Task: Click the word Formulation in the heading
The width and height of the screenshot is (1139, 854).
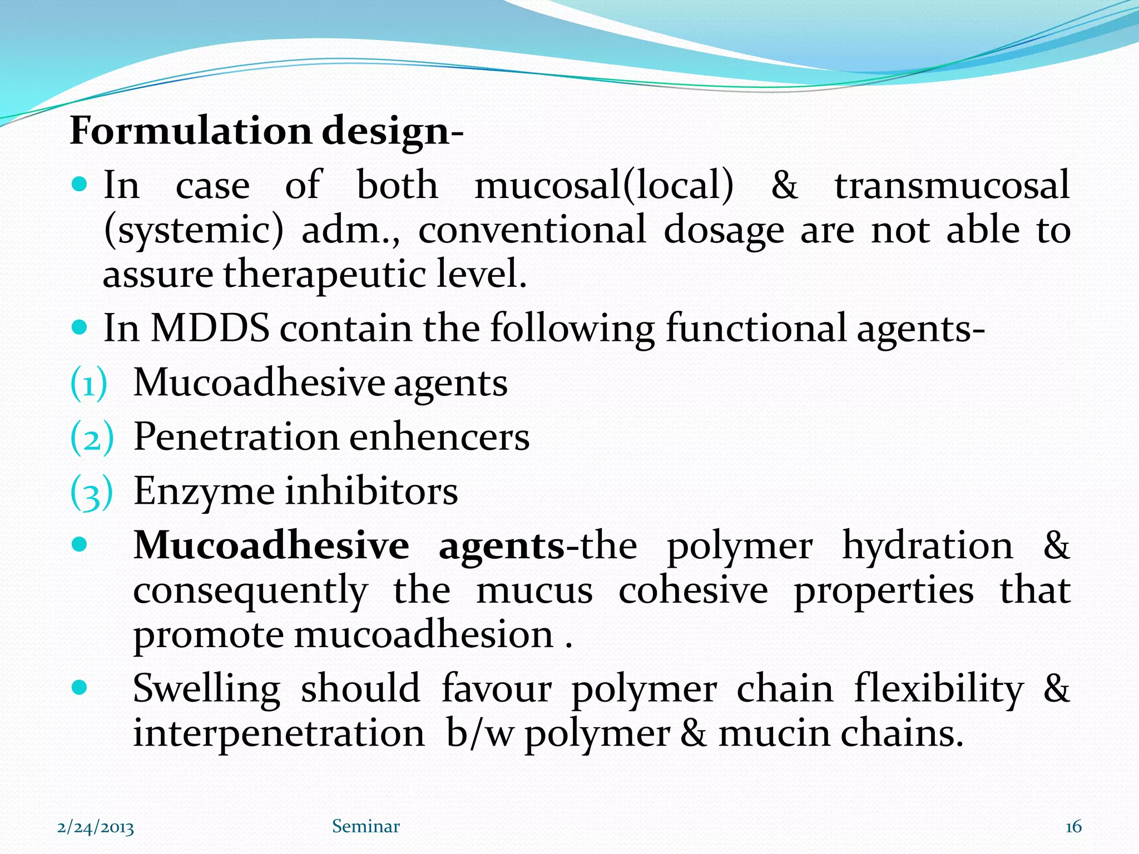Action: click(x=190, y=131)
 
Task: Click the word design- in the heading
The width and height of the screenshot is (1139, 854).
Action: click(x=392, y=132)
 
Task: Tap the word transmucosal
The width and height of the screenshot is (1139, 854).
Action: click(x=952, y=185)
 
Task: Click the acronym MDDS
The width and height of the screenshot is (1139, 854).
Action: click(x=210, y=328)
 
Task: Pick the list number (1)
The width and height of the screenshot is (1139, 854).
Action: click(x=88, y=384)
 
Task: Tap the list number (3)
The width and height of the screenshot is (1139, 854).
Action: click(x=91, y=492)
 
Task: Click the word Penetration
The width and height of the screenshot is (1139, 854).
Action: click(x=236, y=437)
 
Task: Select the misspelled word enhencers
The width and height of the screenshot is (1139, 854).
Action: click(x=439, y=437)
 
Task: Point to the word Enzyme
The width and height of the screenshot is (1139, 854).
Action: click(x=204, y=491)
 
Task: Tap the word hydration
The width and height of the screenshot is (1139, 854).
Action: click(x=927, y=545)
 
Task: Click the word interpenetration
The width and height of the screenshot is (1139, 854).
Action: click(x=279, y=733)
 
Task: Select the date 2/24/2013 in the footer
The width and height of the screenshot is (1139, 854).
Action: click(x=96, y=828)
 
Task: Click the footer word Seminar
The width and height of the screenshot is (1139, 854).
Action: click(x=365, y=827)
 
